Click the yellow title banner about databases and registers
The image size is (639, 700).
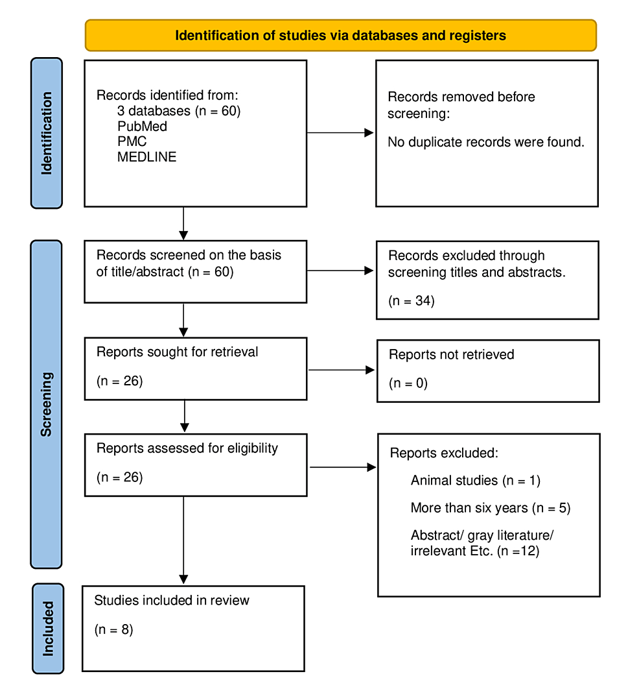tap(340, 35)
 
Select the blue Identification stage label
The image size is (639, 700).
tap(46, 133)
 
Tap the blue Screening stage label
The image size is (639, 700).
tap(46, 404)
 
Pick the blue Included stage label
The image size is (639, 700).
tap(48, 628)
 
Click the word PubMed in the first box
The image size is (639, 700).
tap(142, 127)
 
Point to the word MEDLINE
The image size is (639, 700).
tap(146, 157)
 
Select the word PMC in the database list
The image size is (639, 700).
tap(132, 141)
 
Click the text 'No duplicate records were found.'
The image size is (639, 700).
tap(485, 142)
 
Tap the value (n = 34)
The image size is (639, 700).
tap(411, 301)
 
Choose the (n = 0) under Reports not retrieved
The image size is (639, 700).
tap(408, 383)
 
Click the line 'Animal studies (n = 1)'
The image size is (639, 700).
tap(475, 481)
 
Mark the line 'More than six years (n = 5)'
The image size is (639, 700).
tap(490, 508)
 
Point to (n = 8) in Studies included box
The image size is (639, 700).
tap(113, 629)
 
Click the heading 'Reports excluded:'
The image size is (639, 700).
tap(444, 453)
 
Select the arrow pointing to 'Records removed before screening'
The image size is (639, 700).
tap(340, 133)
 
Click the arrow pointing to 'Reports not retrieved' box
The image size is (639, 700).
tap(342, 370)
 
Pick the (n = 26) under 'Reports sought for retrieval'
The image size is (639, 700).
tap(119, 381)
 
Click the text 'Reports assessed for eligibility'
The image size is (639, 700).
tap(187, 448)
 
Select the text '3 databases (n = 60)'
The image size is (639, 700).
tap(179, 111)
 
